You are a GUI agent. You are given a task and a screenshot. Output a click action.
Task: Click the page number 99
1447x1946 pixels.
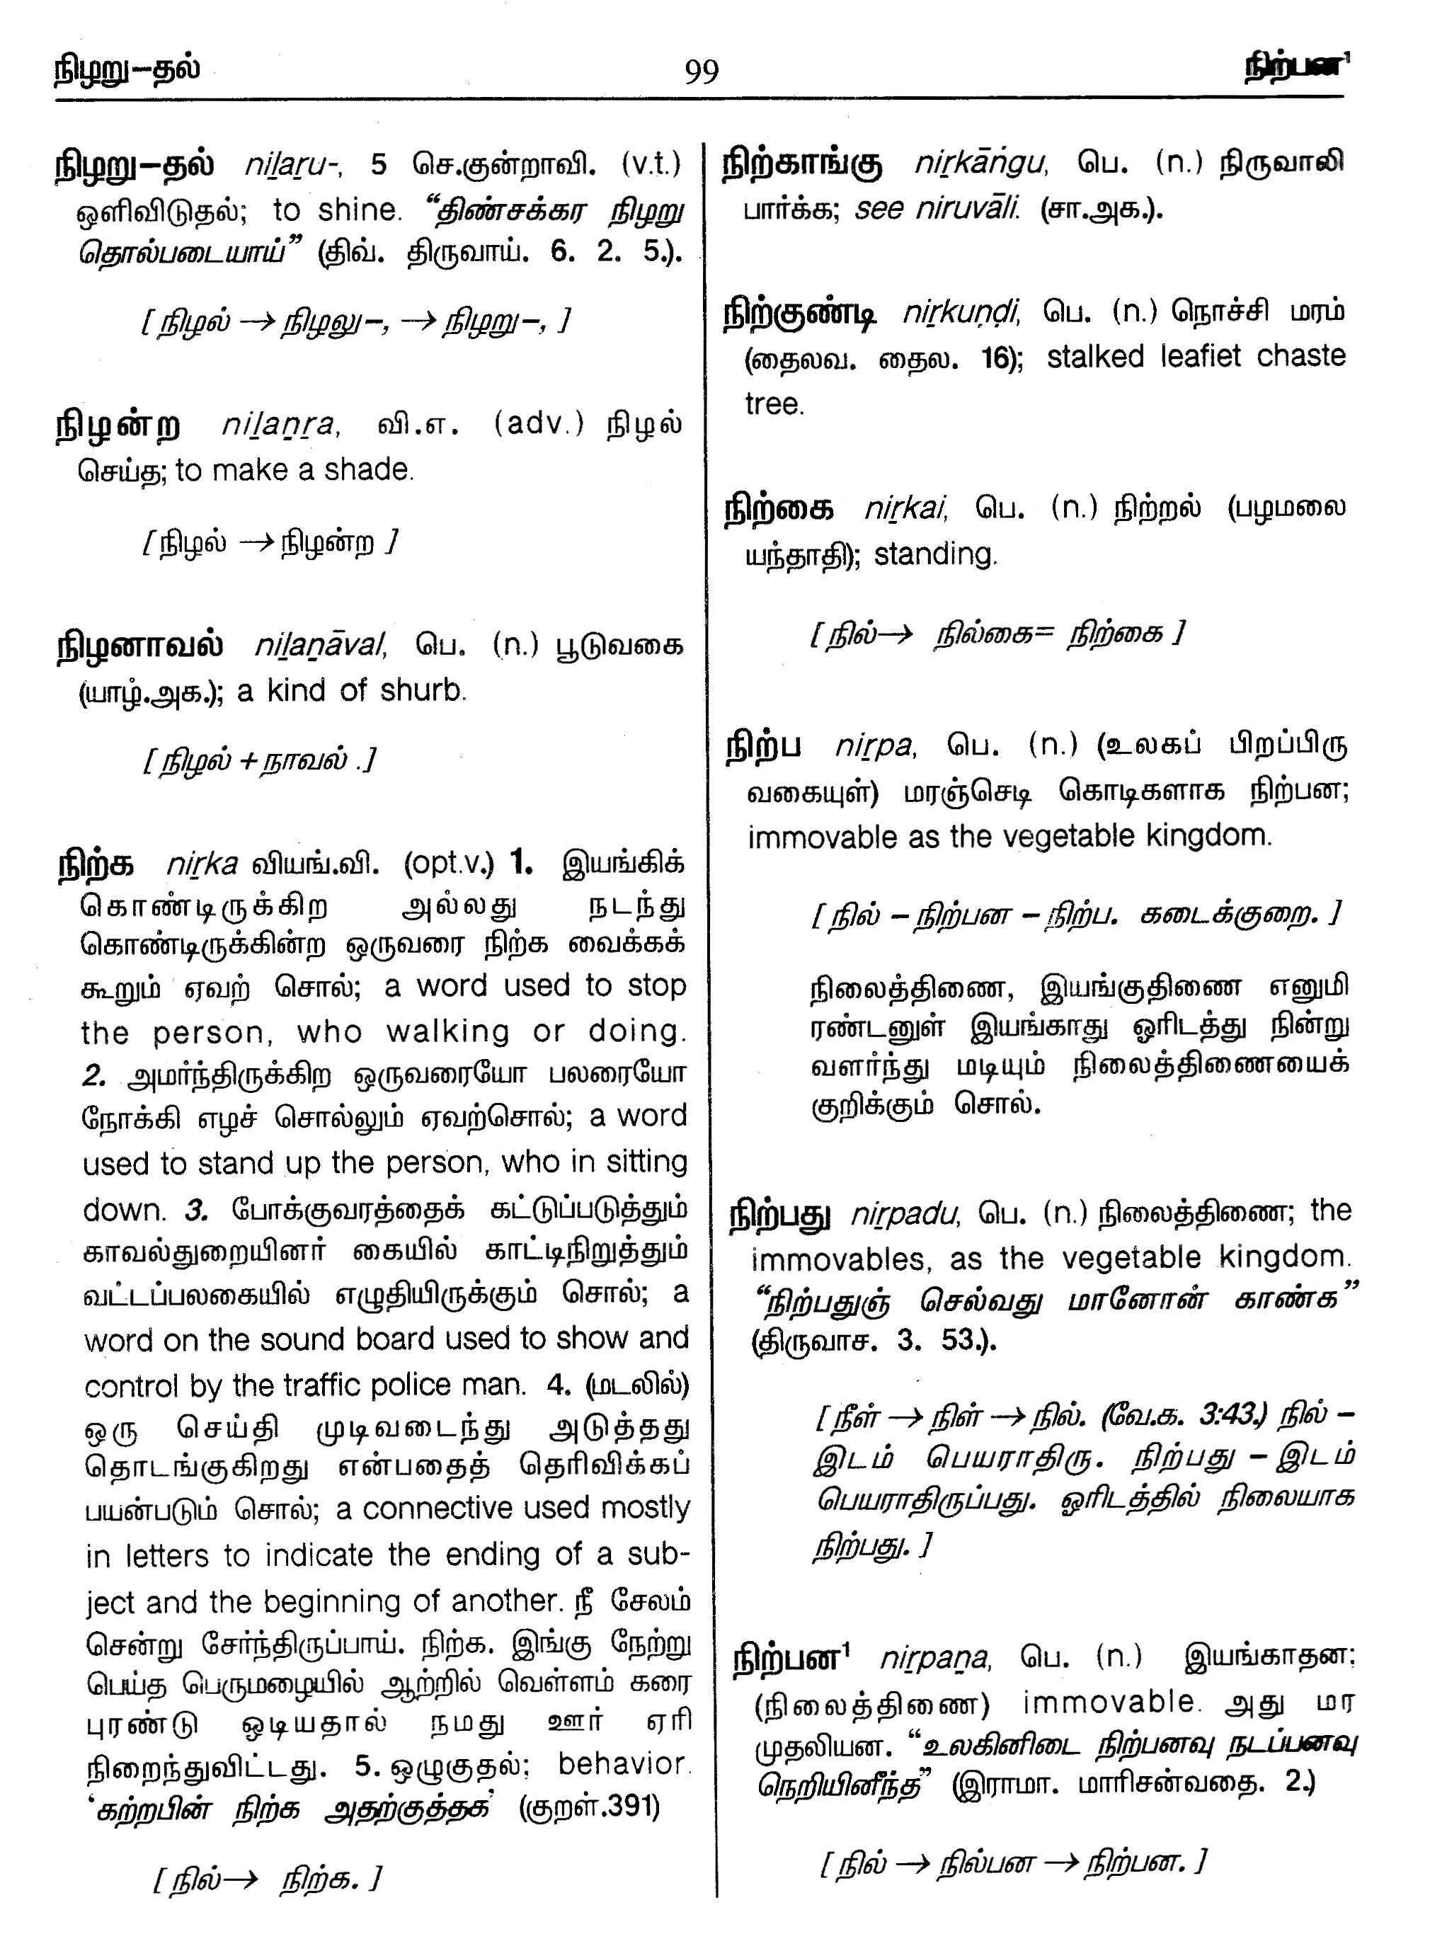click(x=701, y=71)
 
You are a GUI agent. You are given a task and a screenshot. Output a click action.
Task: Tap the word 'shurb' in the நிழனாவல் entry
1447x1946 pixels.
click(x=423, y=691)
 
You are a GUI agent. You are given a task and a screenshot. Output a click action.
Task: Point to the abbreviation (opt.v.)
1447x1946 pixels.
click(x=448, y=864)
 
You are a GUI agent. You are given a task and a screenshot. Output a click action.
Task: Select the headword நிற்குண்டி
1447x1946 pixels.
click(x=800, y=314)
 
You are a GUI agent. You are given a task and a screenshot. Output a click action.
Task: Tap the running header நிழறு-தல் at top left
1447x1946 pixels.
click(x=126, y=68)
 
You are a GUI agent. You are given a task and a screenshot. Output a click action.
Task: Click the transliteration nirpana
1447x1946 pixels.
click(x=934, y=1658)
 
